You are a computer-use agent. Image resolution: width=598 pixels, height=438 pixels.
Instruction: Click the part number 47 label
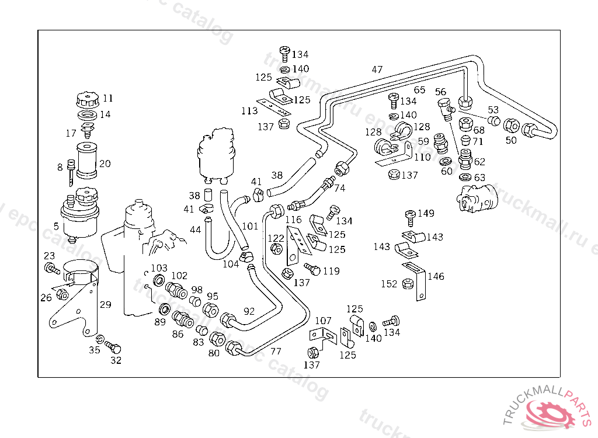(x=377, y=70)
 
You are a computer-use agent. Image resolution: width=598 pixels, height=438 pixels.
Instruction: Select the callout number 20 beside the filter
(x=105, y=164)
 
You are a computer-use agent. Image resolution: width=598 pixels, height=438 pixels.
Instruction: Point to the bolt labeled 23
(x=51, y=269)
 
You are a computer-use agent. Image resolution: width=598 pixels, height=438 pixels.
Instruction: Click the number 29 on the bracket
(x=105, y=304)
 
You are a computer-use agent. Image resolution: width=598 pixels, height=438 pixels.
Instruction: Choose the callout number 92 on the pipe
(x=249, y=311)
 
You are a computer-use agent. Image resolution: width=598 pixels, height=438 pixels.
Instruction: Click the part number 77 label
(x=276, y=351)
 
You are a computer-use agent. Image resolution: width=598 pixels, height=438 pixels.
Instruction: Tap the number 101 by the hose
(x=250, y=226)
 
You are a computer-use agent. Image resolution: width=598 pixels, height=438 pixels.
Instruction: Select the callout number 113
(x=249, y=110)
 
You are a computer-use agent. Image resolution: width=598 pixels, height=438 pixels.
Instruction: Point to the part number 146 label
(x=436, y=276)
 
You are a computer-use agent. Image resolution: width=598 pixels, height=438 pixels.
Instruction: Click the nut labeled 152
(x=408, y=284)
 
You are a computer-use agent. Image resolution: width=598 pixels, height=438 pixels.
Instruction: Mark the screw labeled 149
(x=410, y=217)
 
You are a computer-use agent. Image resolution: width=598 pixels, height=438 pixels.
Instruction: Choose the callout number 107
(x=323, y=321)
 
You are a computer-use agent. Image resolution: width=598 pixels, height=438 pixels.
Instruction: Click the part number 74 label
(x=340, y=189)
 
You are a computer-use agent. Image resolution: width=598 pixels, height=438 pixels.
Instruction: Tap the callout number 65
(x=420, y=90)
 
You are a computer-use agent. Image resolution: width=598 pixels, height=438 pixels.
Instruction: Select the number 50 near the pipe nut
(x=511, y=140)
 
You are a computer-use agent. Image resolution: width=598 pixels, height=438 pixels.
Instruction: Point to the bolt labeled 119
(x=312, y=268)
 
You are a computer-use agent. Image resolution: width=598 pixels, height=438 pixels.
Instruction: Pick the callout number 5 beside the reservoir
(x=56, y=226)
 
